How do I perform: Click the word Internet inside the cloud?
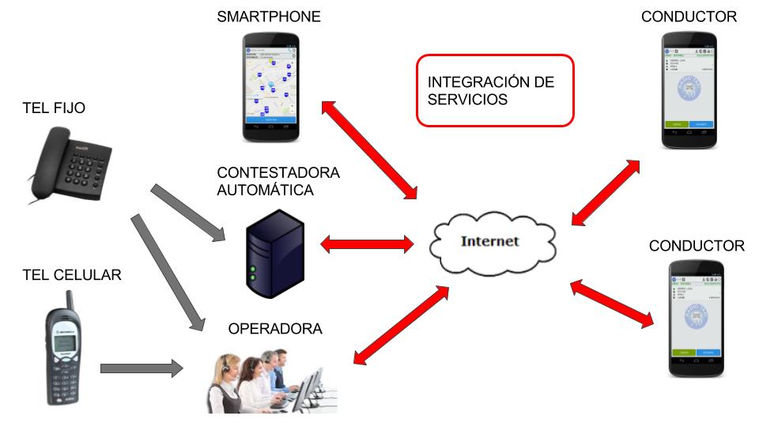[491, 240]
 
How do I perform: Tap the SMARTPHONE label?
[269, 17]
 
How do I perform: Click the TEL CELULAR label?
[72, 274]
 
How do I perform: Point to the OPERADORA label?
[275, 328]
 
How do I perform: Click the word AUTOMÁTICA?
[265, 191]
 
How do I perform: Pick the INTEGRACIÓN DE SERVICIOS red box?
[493, 90]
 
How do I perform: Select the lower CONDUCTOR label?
[697, 246]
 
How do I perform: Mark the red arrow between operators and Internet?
[395, 324]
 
